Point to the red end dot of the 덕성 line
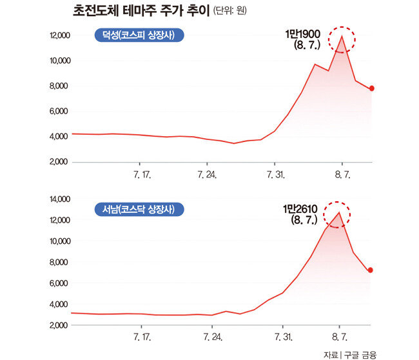point(372,88)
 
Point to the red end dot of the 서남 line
point(370,270)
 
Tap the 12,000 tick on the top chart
point(60,35)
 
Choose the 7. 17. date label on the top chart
point(141,175)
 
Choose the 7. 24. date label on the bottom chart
point(212,337)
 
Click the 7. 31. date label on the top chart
point(275,175)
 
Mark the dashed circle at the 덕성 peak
point(342,39)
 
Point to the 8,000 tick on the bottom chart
point(59,262)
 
